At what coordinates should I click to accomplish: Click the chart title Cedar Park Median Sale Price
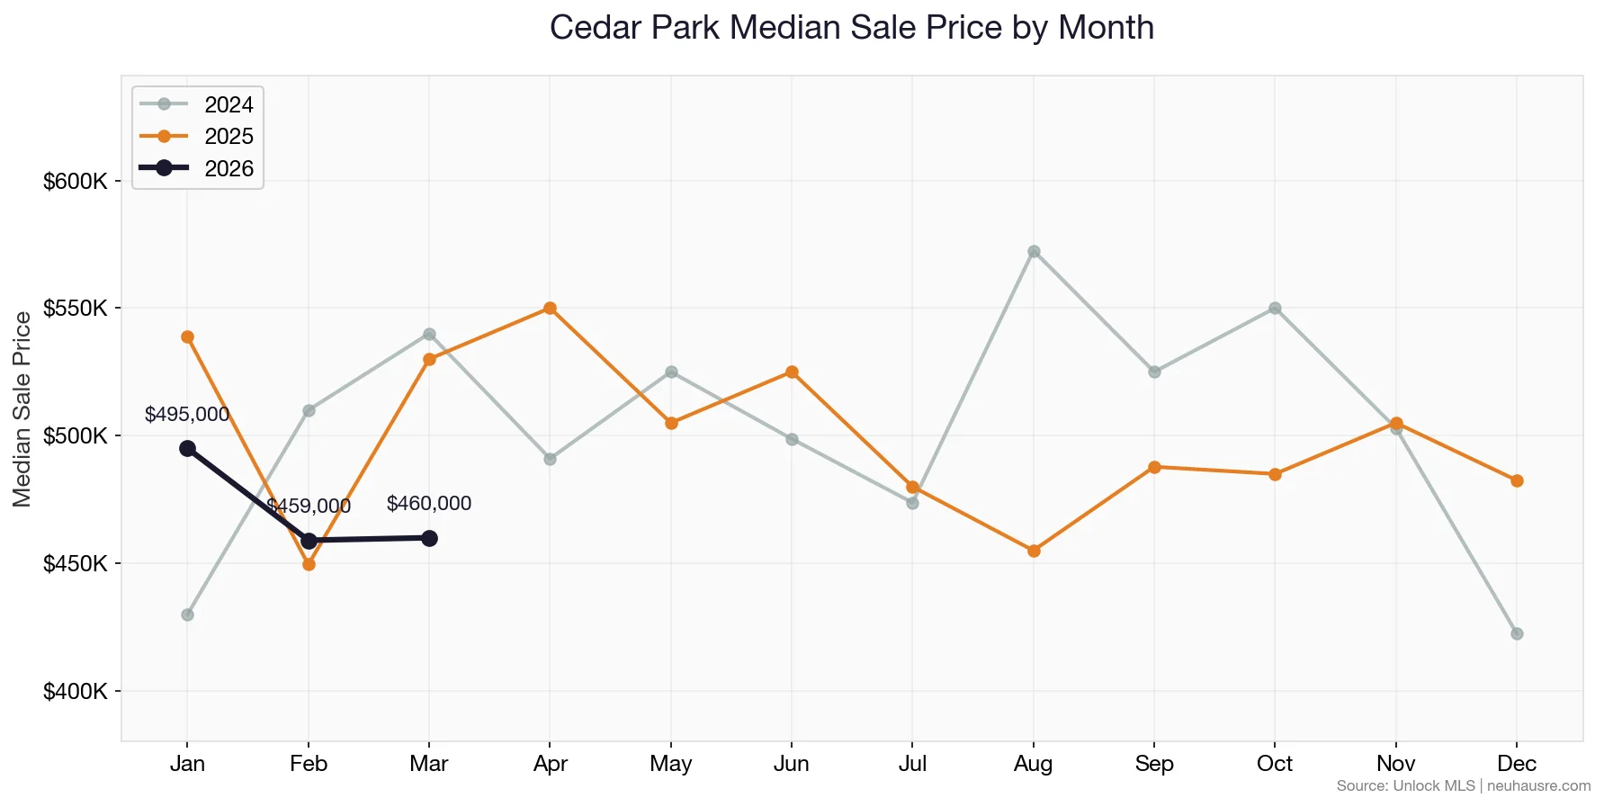click(851, 28)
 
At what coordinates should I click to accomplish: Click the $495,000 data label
click(187, 415)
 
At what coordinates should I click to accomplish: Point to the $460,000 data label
click(429, 504)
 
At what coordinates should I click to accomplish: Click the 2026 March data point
click(429, 538)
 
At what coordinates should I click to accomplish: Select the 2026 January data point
click(187, 448)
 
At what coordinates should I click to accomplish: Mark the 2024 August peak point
click(1034, 251)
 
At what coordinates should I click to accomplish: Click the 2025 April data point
click(550, 308)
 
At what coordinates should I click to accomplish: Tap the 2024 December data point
click(1517, 633)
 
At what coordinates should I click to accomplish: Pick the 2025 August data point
click(1034, 551)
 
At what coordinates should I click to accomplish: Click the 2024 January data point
click(187, 614)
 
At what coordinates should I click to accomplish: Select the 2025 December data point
click(1517, 480)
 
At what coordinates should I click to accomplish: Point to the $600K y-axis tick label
click(76, 182)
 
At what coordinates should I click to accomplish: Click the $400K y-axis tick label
click(76, 692)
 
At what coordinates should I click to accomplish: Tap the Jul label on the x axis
click(912, 764)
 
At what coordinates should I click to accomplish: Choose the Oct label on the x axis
click(1275, 764)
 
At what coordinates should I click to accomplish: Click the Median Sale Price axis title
click(22, 409)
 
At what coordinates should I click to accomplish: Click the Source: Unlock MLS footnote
click(1463, 786)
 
